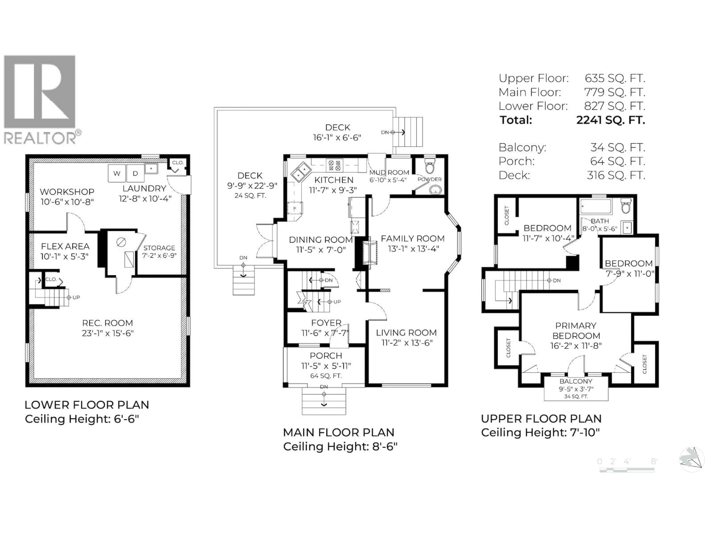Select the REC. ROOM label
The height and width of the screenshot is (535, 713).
click(107, 323)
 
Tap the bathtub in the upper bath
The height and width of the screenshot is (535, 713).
click(596, 206)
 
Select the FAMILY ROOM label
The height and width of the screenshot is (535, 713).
click(413, 239)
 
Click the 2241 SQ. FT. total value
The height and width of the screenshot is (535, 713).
click(611, 120)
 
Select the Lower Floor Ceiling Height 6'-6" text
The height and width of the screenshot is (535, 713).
click(82, 419)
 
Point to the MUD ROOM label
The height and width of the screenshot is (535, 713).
click(389, 173)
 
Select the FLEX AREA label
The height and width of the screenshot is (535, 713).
click(65, 246)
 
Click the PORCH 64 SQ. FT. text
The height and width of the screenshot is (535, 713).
click(326, 376)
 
